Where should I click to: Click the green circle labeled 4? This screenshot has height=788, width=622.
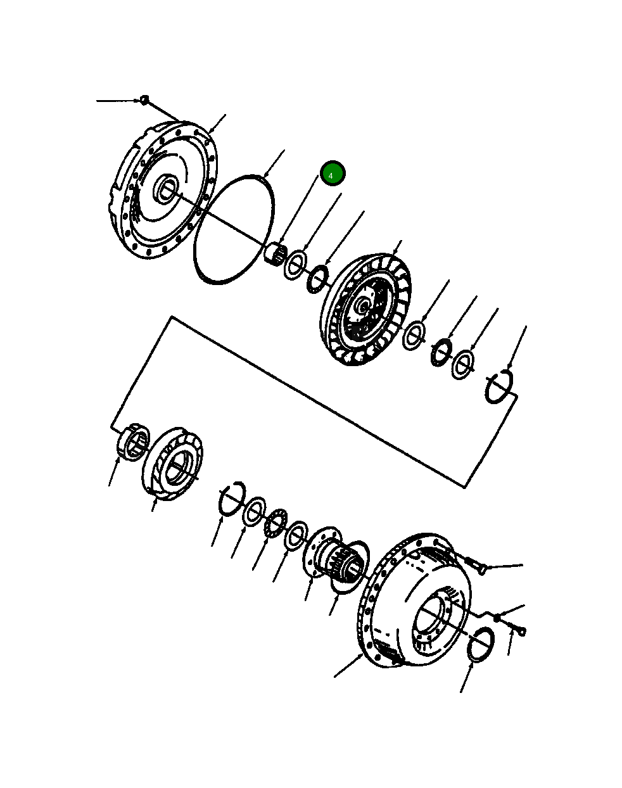[x=333, y=174]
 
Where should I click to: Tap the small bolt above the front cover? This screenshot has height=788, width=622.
[x=144, y=99]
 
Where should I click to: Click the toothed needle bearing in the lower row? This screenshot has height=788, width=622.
[x=276, y=524]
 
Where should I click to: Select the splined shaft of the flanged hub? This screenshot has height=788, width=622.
[x=344, y=561]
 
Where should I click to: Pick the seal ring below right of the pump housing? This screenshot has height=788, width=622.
[x=482, y=645]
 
